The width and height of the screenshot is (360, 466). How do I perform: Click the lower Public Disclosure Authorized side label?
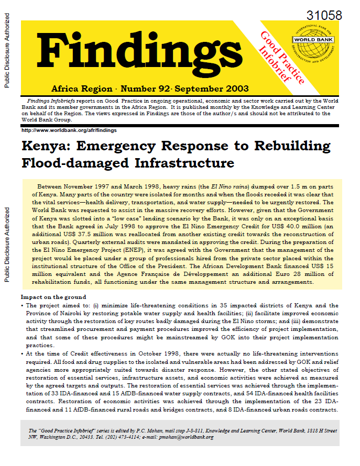click(x=7, y=245)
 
